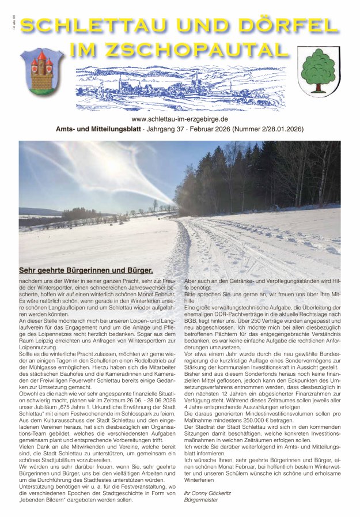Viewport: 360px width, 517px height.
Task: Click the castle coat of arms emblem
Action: pos(41,71)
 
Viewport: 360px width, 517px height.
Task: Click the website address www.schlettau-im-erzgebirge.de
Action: pos(180,119)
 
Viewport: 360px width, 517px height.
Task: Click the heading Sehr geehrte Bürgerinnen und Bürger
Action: pos(86,270)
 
